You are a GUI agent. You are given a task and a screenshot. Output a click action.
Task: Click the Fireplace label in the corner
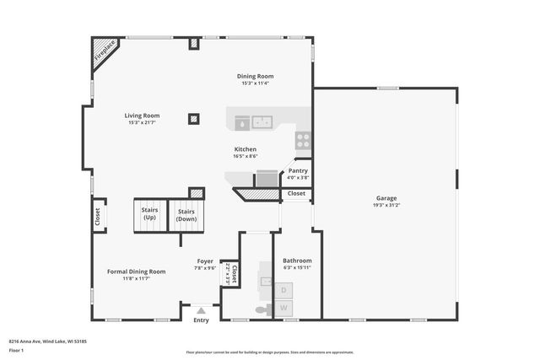coord(104,52)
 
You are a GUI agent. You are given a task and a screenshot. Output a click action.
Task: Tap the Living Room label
coord(142,116)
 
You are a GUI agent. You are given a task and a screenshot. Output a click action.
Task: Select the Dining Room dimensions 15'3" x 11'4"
coord(256,83)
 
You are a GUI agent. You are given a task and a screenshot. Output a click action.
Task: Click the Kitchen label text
coord(246,149)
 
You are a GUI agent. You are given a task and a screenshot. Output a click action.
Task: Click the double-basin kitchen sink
coord(262,122)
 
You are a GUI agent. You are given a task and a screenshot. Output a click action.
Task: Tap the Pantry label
coord(298,170)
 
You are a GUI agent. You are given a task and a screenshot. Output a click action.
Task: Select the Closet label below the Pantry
coord(296,193)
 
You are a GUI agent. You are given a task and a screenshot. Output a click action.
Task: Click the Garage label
coord(386,197)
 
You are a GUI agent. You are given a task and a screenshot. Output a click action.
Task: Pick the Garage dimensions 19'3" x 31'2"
coord(386,205)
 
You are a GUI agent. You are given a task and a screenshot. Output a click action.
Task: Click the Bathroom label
coord(297,261)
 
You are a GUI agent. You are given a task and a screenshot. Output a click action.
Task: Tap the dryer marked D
coord(283,291)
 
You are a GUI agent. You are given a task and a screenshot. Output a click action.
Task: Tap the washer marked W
coord(283,309)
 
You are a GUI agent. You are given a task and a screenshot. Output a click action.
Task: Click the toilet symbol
coord(262,310)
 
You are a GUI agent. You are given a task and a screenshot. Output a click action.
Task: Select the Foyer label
coord(205,261)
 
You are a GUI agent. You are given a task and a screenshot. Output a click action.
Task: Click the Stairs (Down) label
coord(186,215)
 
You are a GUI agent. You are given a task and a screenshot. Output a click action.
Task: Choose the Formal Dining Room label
coord(136,271)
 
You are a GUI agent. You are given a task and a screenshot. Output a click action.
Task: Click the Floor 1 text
coord(17,349)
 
